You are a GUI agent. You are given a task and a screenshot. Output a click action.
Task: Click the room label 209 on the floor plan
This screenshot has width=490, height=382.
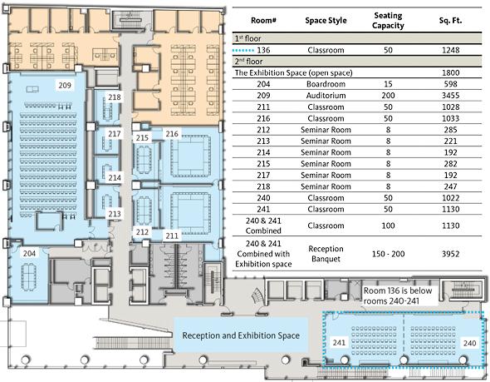coord(65,85)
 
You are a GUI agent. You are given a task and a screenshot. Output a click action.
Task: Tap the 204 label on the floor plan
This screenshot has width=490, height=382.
coord(29,253)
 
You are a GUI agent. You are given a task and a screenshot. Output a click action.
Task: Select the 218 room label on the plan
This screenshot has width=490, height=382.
coord(115,97)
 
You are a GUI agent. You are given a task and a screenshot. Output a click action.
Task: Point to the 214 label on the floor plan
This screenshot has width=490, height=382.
coord(115,177)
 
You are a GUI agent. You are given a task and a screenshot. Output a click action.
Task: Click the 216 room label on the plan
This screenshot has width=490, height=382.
coord(172,134)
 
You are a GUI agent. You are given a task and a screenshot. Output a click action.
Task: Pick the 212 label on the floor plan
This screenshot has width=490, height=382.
coord(142,231)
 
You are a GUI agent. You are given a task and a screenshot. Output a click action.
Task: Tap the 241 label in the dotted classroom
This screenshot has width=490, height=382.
coord(339,343)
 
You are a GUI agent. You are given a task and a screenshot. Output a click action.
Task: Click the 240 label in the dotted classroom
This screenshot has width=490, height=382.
coord(469,343)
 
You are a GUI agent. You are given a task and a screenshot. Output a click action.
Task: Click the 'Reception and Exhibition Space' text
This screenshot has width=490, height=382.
coord(241,335)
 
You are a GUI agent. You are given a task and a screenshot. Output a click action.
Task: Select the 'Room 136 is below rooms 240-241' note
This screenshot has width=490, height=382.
coord(398,295)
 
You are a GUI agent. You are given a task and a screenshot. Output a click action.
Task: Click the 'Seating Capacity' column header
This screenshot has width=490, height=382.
coord(388,20)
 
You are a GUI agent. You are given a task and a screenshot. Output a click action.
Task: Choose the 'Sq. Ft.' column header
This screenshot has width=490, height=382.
coord(450,21)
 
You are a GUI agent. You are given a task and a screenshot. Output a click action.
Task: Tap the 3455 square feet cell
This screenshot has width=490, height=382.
coord(451,96)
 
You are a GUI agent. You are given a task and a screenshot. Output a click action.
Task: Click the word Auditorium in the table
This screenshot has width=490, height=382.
coord(326,96)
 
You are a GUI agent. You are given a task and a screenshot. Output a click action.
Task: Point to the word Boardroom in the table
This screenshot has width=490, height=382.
coord(326,84)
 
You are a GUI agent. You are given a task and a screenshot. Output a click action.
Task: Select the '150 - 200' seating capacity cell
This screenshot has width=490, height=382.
coord(388,254)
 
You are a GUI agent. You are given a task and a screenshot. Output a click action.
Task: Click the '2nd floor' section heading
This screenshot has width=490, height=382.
coord(249,61)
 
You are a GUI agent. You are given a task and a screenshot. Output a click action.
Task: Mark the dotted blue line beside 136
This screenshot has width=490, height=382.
coord(243,50)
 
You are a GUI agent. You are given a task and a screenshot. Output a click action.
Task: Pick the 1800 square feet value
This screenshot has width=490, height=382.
coord(451,72)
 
